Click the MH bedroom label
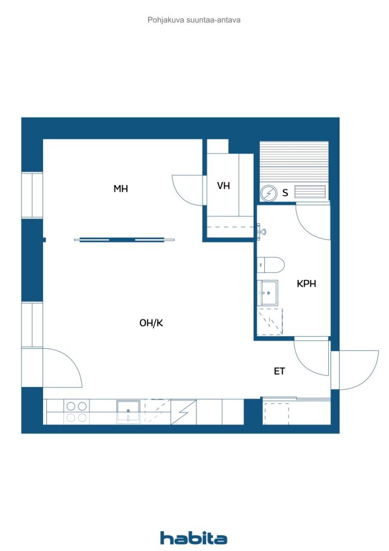121,189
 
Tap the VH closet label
224,186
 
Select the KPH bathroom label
306,284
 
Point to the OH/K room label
151,323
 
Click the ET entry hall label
279,371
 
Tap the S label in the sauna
285,193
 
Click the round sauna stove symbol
269,193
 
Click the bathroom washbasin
268,293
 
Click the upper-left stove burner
71,406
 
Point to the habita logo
193,538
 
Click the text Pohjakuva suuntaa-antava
194,20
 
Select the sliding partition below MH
124,240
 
